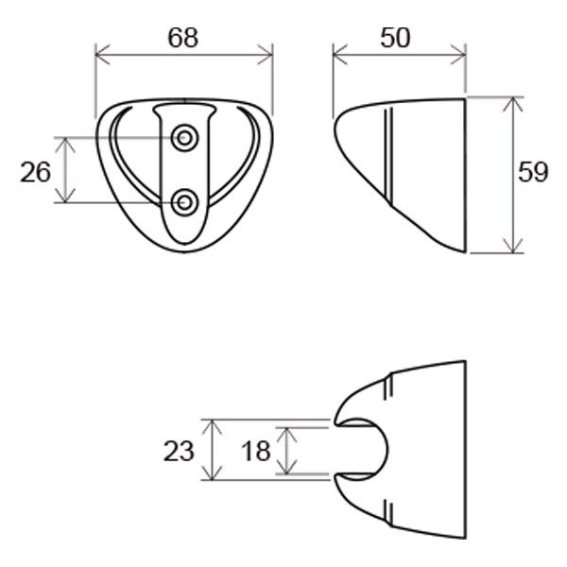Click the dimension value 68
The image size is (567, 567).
(x=184, y=38)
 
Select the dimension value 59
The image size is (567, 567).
(x=534, y=173)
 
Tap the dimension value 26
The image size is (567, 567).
(x=35, y=172)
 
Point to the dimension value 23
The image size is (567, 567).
(x=179, y=451)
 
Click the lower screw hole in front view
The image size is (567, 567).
(x=184, y=201)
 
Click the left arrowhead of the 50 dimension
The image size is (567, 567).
(x=335, y=53)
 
